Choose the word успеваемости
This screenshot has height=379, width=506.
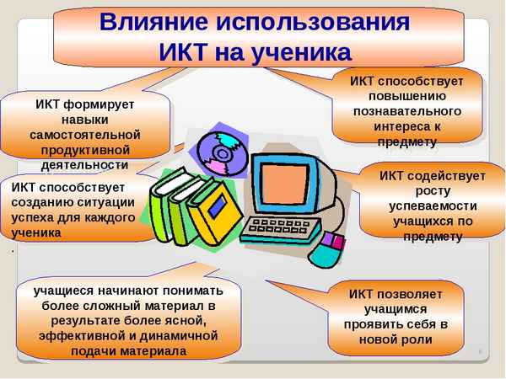(432, 206)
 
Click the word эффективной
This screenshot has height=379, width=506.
(77, 335)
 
